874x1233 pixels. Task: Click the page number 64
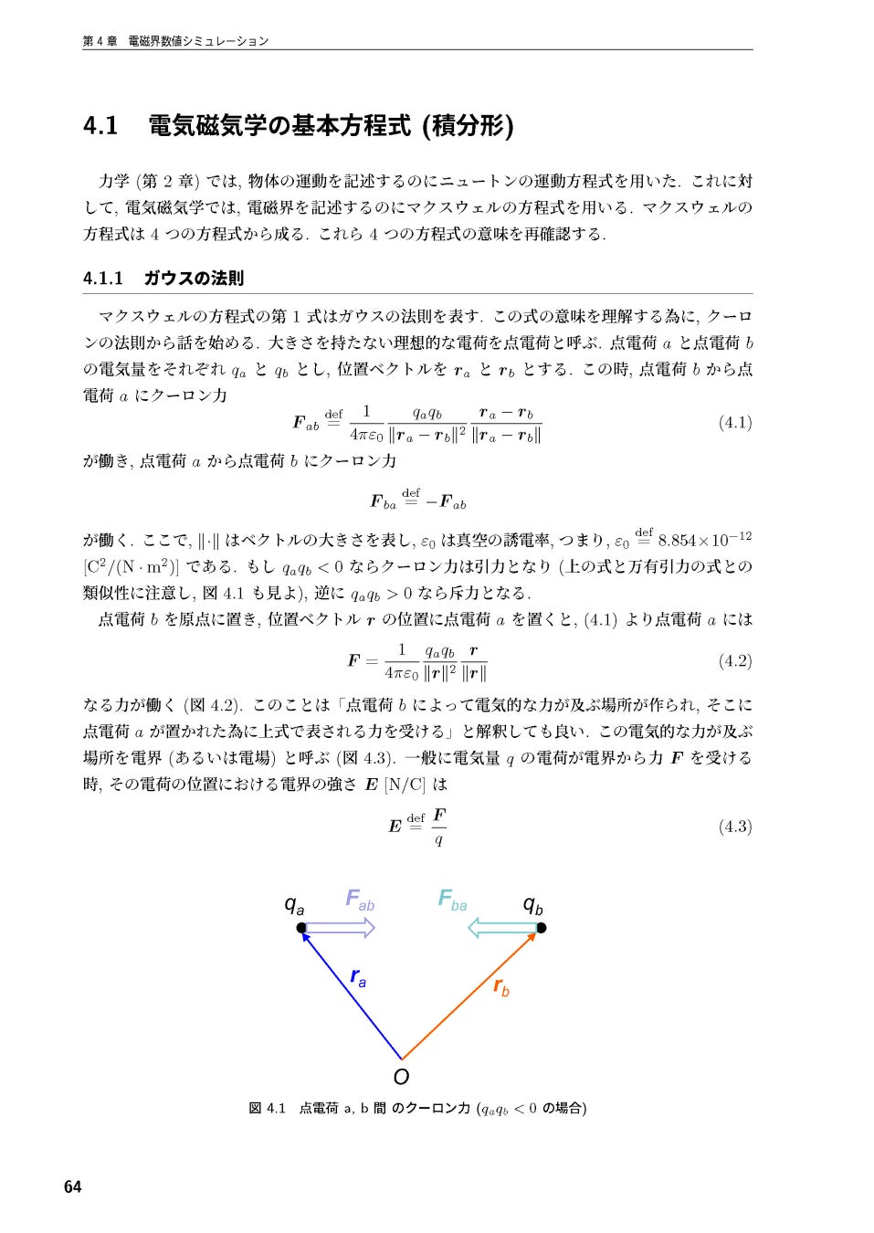pos(73,1186)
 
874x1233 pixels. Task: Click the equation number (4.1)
pos(734,422)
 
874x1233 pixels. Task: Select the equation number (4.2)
pos(734,660)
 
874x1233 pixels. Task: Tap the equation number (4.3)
pos(734,827)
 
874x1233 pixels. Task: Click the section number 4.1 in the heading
pos(100,125)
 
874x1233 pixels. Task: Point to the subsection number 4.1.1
pos(102,278)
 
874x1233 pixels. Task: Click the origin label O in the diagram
pos(401,1076)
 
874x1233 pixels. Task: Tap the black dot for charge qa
pos(301,928)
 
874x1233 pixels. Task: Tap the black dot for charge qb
pos(541,928)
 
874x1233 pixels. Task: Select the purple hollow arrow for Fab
pos(339,928)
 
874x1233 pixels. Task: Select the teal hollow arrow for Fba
pos(502,928)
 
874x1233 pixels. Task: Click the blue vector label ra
pos(358,976)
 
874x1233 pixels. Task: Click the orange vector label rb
pos(500,986)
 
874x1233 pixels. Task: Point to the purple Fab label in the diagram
pos(360,900)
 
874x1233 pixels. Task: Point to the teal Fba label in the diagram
pos(452,901)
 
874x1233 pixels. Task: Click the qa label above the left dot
pos(294,905)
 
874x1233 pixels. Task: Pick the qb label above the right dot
pos(532,905)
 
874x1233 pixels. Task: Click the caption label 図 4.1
pos(267,1108)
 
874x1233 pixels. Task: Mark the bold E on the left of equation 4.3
pos(395,827)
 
